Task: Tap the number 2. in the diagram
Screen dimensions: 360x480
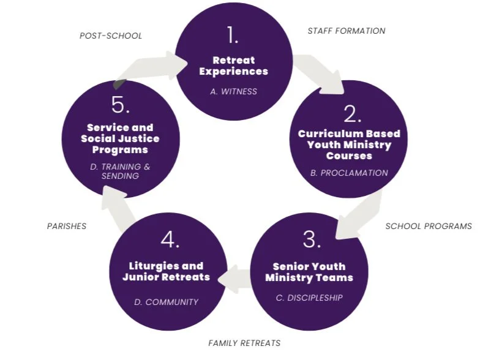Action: pos(352,114)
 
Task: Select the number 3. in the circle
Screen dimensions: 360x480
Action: pos(311,240)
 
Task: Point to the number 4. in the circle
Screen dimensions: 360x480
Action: pos(170,240)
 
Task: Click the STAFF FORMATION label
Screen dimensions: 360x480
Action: pos(346,31)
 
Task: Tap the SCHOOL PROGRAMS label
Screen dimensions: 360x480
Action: pos(429,226)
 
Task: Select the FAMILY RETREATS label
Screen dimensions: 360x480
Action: pos(244,343)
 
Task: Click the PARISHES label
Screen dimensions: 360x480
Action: pos(67,226)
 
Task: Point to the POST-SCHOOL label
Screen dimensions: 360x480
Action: pos(111,36)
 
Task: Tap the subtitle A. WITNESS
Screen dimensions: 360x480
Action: pos(233,91)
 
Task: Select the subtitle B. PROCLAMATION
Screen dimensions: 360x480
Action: pos(349,173)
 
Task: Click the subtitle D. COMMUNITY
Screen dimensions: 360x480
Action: pos(166,302)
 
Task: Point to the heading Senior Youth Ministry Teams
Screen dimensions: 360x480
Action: pos(309,272)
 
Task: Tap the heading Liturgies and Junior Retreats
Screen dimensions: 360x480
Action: pos(166,272)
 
